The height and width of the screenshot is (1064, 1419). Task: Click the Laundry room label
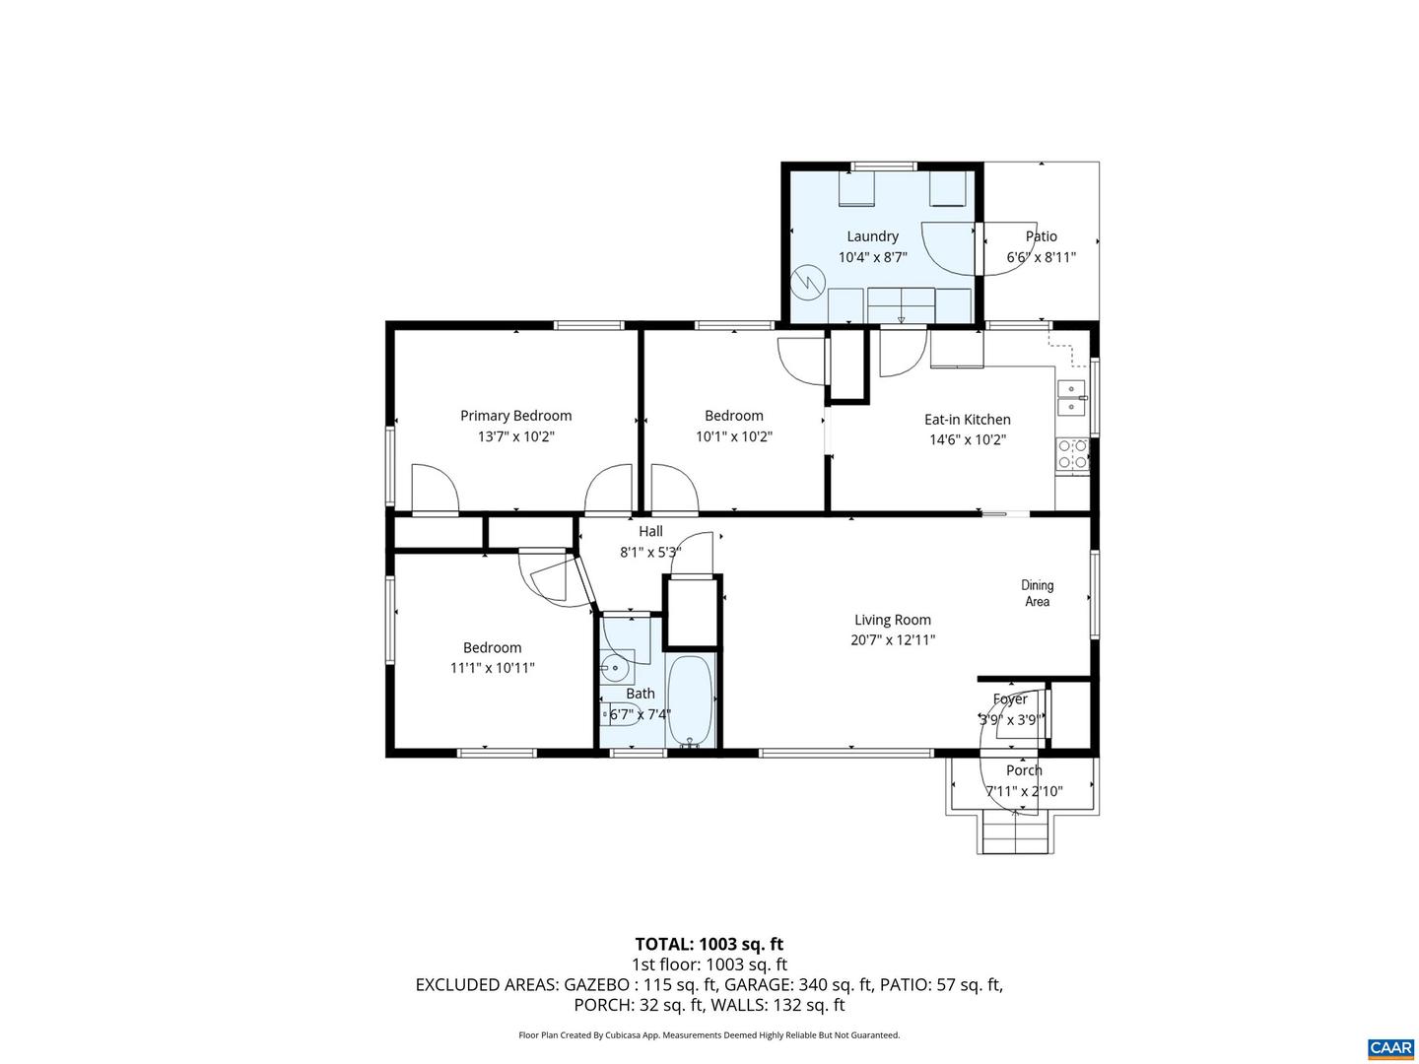[x=872, y=236]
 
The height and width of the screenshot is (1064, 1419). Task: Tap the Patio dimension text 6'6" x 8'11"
[x=1041, y=257]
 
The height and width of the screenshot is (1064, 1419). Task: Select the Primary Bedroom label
[x=515, y=416]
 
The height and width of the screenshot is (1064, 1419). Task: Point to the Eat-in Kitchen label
[x=967, y=420]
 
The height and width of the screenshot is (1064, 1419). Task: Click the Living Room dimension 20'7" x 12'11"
[x=893, y=640]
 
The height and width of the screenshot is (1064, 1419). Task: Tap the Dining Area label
[x=1037, y=593]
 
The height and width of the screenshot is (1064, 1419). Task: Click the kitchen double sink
[x=1072, y=397]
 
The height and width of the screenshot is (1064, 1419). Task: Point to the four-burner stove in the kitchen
[x=1072, y=454]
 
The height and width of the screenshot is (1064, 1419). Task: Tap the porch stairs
[x=1014, y=835]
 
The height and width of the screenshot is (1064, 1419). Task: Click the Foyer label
[x=1010, y=699]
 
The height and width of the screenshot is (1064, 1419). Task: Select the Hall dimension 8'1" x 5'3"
[x=650, y=553]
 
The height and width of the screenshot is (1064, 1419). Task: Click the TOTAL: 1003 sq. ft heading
[x=709, y=945]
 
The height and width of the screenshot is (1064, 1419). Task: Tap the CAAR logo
[x=1390, y=1048]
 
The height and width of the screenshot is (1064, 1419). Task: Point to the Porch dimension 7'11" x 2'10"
[x=1024, y=791]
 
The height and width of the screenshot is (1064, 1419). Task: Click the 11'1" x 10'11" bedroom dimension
[x=492, y=668]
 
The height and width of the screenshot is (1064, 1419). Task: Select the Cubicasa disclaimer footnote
[x=709, y=1035]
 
